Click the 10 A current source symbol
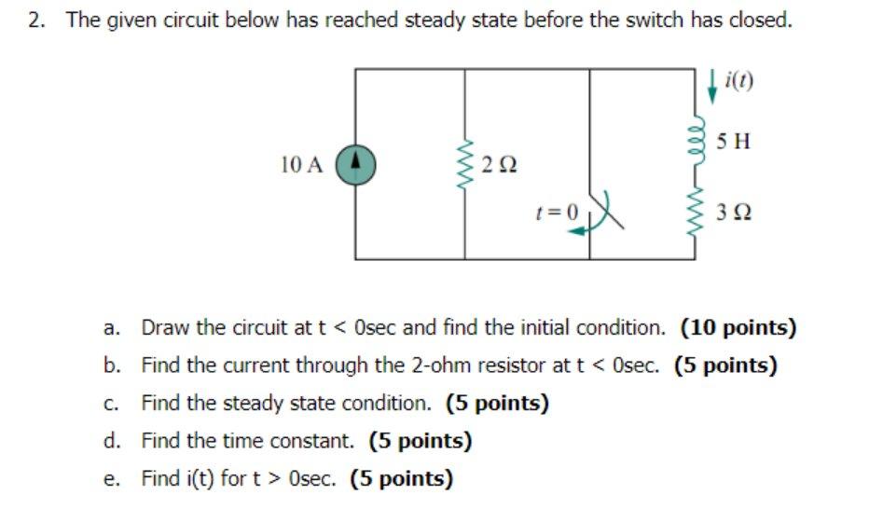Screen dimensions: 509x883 click(355, 165)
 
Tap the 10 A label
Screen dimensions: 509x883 click(300, 166)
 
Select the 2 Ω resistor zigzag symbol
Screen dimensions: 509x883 click(465, 165)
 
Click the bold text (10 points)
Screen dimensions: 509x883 click(738, 327)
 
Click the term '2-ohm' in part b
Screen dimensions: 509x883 click(435, 365)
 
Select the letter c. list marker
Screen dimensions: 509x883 click(111, 404)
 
